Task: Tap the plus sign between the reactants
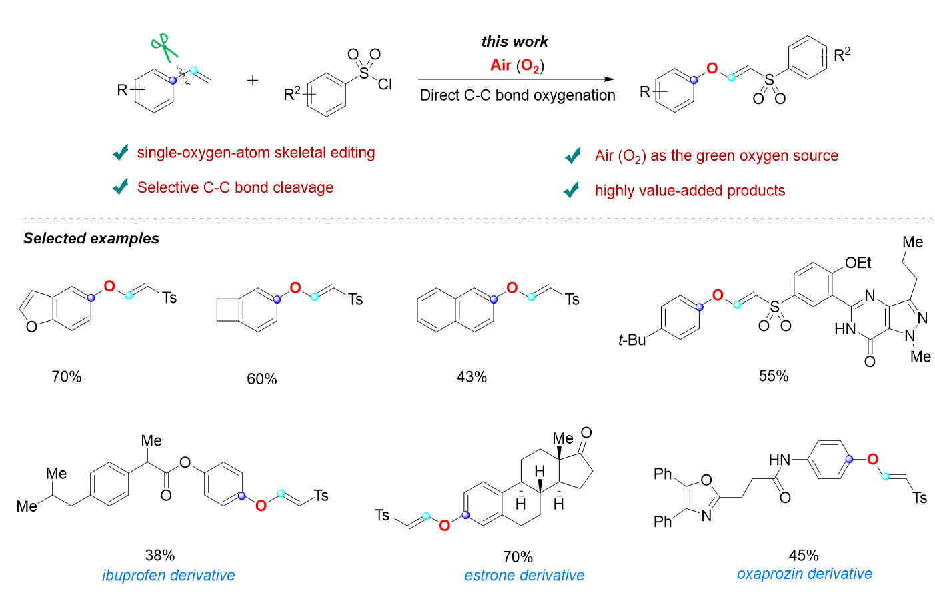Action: (x=253, y=81)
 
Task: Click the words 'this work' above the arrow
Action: (x=514, y=41)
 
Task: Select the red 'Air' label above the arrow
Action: (x=501, y=65)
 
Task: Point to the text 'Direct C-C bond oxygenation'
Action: (x=518, y=95)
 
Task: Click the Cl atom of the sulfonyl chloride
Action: (x=385, y=85)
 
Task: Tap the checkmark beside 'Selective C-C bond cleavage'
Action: (x=121, y=187)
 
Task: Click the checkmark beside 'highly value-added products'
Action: (x=572, y=191)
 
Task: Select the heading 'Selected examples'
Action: (x=91, y=238)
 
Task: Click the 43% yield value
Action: (x=472, y=377)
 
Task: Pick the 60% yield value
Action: (x=262, y=379)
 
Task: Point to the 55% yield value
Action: (x=774, y=376)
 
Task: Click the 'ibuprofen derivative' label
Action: (x=169, y=575)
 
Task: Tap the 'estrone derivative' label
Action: (x=524, y=575)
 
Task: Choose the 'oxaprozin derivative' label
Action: (x=804, y=574)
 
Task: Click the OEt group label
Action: (x=858, y=263)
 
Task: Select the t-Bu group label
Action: (x=632, y=340)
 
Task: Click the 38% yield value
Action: (x=160, y=555)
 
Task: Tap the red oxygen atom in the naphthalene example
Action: (x=512, y=288)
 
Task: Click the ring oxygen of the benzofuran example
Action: (x=31, y=327)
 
